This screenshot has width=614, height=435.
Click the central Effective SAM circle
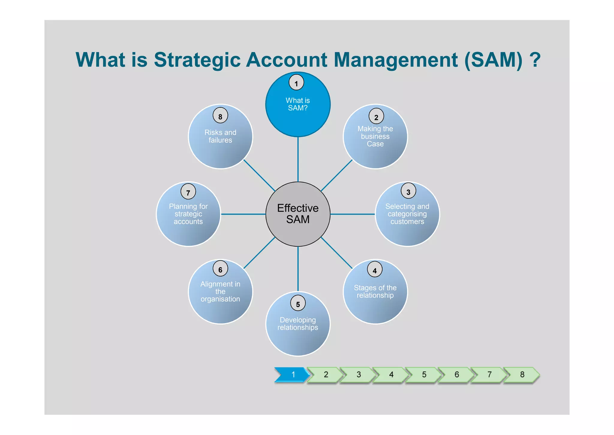coord(298,214)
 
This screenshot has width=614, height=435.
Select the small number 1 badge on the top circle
coord(296,83)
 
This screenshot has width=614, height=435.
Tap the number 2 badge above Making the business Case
coord(376,117)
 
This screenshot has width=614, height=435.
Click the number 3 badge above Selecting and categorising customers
coord(408,191)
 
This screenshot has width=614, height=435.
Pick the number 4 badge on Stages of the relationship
coord(374,270)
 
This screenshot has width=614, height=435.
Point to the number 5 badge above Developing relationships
coord(298,303)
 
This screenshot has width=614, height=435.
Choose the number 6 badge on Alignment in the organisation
coord(220,269)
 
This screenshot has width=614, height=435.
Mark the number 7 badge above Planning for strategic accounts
coord(188,192)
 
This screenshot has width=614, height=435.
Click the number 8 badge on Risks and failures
coord(220,116)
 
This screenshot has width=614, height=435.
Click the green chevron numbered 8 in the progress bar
coord(522,374)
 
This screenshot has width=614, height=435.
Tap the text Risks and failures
coord(220,136)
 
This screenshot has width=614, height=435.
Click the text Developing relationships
coord(298,324)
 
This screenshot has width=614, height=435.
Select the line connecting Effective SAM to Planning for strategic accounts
coord(243,214)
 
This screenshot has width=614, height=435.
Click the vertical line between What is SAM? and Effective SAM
coord(298,159)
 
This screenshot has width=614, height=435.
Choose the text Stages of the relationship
coord(375,291)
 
